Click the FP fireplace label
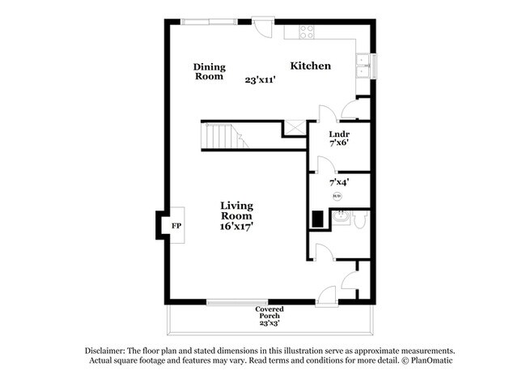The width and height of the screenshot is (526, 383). [x=176, y=226]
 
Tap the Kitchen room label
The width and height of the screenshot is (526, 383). [x=311, y=66]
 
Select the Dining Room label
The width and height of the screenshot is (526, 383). [x=210, y=72]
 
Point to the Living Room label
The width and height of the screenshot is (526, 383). [x=236, y=211]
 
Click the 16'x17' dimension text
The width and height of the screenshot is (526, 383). [x=236, y=228]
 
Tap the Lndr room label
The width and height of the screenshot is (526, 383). [x=338, y=134]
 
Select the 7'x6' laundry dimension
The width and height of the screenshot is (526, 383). [x=338, y=143]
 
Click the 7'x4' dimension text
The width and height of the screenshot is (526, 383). [x=338, y=183]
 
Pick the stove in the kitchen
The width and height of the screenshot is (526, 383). [x=307, y=32]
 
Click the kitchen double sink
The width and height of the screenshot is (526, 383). [x=364, y=66]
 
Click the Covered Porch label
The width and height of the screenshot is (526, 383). [x=269, y=309]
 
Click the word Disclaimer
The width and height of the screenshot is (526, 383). [x=109, y=350]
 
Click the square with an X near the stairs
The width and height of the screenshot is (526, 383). [x=294, y=127]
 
